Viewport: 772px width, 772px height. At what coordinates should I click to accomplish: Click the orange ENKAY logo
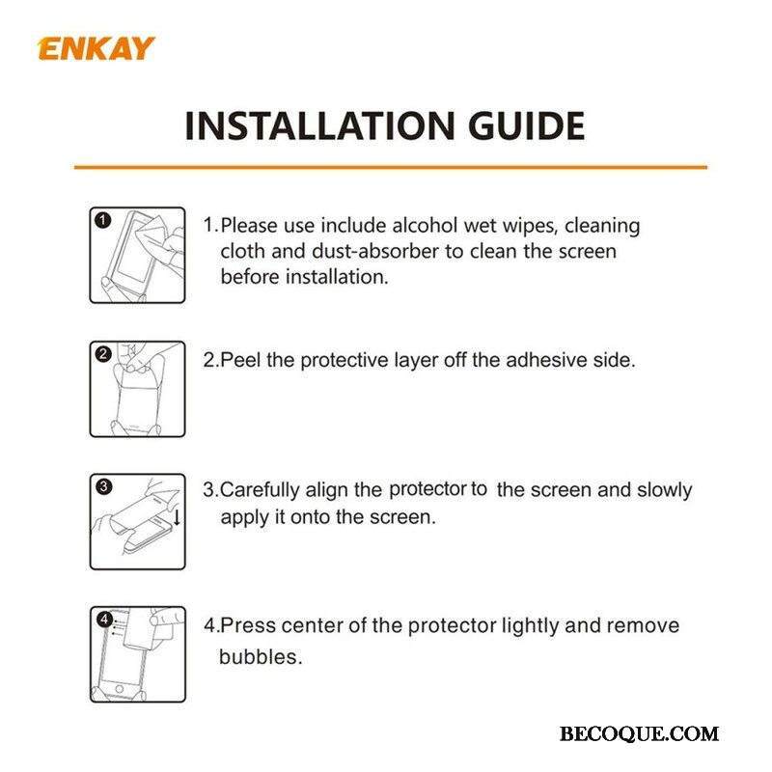pos(96,49)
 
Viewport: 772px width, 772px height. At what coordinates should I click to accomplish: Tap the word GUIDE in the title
pos(526,125)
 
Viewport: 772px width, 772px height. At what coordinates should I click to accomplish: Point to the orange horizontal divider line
pos(391,167)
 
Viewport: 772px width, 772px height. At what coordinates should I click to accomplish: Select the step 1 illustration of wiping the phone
pos(137,255)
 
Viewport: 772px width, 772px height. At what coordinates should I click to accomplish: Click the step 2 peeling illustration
pos(137,389)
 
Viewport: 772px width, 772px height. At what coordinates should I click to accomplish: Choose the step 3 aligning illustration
pos(137,522)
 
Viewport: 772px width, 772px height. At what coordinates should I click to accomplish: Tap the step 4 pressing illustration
pos(138,654)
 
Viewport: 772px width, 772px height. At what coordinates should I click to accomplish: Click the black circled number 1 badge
pos(102,220)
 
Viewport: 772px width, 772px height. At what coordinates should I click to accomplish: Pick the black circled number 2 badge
pos(103,354)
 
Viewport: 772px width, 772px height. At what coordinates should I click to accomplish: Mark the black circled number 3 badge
pos(103,487)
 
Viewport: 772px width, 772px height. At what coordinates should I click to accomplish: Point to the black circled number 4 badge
pos(105,619)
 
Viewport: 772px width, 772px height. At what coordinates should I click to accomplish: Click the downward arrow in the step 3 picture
pos(177,517)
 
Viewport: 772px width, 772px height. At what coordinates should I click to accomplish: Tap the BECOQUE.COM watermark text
pos(639,734)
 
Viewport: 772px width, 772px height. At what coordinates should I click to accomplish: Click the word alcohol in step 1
pos(425,226)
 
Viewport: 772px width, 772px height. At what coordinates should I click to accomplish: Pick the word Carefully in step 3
pos(260,491)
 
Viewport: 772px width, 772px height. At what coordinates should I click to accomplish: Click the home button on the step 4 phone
pos(119,688)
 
